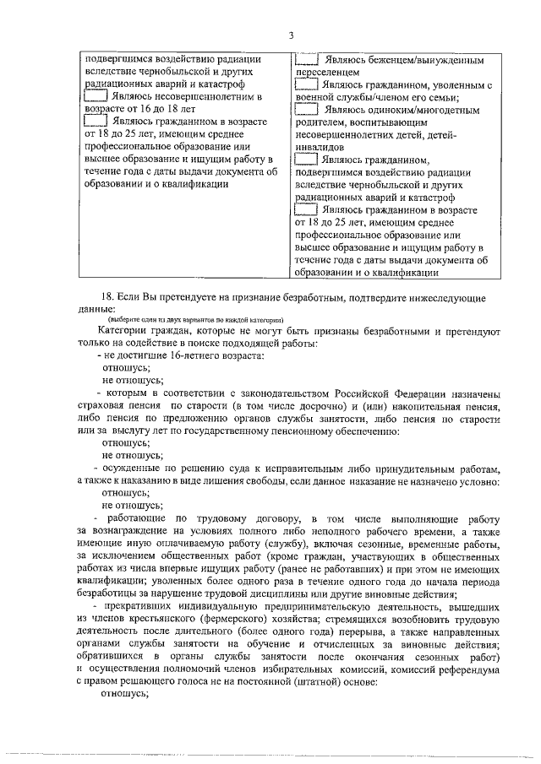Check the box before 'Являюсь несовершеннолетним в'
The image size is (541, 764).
pos(96,97)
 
